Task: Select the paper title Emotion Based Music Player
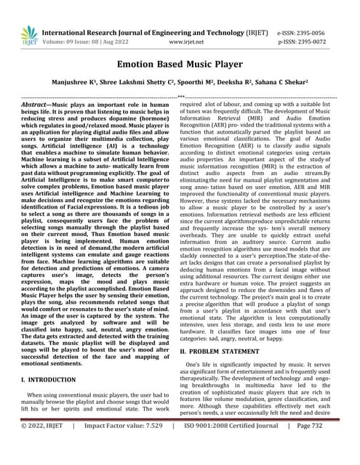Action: coord(180,65)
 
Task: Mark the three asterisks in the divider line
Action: coord(180,96)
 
